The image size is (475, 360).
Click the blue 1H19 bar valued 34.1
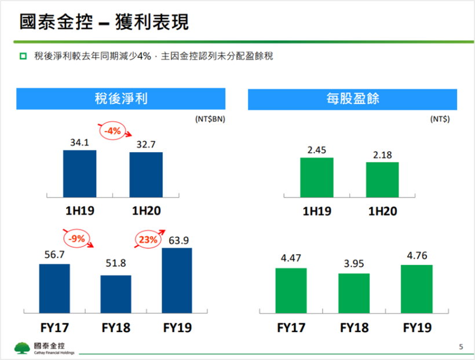tap(80, 173)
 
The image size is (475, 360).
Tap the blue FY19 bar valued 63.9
tap(177, 281)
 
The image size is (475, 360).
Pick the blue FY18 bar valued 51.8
tap(116, 294)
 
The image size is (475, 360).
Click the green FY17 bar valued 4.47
tap(291, 291)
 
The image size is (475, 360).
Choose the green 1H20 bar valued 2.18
tap(382, 179)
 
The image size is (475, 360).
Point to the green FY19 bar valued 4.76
tap(417, 289)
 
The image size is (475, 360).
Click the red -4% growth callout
tap(111, 131)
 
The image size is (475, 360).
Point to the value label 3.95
tap(353, 265)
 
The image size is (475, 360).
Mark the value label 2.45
tap(317, 149)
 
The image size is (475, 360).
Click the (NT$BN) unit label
tap(210, 119)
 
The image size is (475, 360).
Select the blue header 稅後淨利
tap(120, 99)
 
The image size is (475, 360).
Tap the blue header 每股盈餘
tap(352, 99)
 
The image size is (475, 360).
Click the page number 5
tap(461, 347)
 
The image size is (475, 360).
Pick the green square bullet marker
tap(23, 56)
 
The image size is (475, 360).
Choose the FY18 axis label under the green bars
tap(354, 328)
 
